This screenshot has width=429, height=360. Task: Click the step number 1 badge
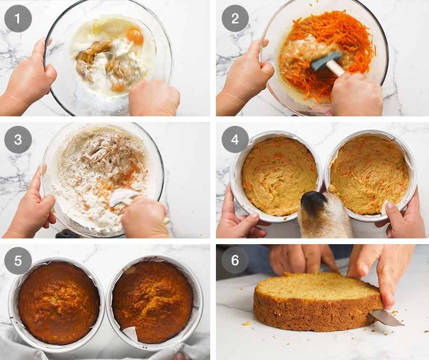(18, 19)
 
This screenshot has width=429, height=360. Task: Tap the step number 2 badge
(235, 18)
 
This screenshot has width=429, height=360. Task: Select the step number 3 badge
(18, 140)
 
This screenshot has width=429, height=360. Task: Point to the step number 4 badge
(235, 140)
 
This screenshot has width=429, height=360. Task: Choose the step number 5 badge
(18, 261)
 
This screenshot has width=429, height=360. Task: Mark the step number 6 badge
(235, 260)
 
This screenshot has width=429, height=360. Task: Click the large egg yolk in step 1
(134, 36)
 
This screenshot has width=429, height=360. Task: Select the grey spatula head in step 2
(327, 61)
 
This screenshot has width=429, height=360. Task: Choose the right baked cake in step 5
(153, 302)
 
